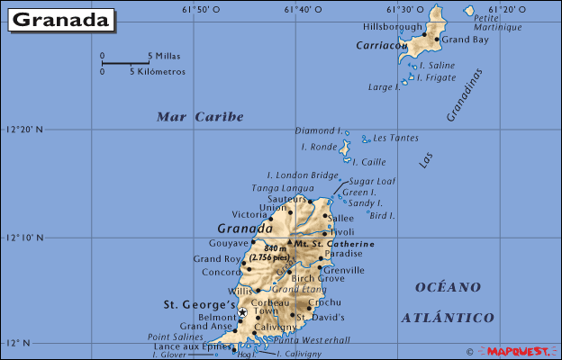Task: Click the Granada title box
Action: [x=62, y=19]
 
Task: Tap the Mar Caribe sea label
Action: [x=200, y=116]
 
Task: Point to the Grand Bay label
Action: [x=465, y=40]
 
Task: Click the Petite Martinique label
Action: [x=498, y=22]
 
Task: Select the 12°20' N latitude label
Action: [x=24, y=130]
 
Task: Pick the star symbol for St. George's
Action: [x=241, y=312]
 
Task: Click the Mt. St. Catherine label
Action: [x=334, y=244]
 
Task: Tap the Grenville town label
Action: [x=343, y=270]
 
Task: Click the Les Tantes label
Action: [x=395, y=138]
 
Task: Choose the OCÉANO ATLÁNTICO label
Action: [x=448, y=302]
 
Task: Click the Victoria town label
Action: [x=249, y=215]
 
